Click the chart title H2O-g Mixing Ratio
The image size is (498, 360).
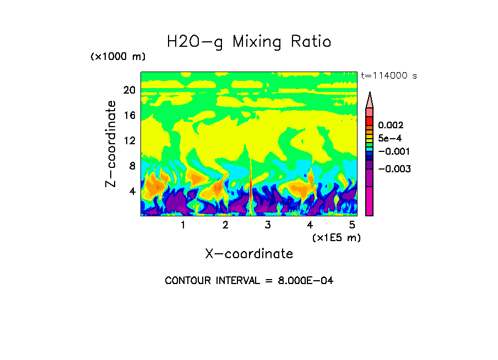[249, 42]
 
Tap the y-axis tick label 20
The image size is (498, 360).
[129, 90]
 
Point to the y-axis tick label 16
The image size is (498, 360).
[129, 116]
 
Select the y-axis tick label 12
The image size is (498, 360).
[129, 141]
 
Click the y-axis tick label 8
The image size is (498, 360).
[132, 166]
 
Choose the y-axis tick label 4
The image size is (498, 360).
[132, 192]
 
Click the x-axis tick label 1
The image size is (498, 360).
[183, 225]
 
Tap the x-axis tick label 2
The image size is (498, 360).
[225, 225]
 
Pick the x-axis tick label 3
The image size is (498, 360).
[268, 225]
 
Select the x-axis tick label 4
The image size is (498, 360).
[310, 225]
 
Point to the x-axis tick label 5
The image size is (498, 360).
[352, 225]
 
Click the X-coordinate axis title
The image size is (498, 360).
[249, 254]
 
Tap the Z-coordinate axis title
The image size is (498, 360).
[111, 144]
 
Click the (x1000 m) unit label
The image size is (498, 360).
[118, 57]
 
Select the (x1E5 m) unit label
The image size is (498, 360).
[337, 238]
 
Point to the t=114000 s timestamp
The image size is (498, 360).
[388, 75]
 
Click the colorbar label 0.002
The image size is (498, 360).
[391, 126]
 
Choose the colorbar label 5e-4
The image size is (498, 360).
[390, 138]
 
